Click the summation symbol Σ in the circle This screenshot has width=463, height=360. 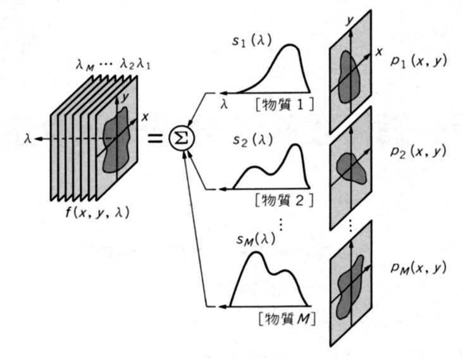(182, 138)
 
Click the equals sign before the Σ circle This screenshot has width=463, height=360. (155, 138)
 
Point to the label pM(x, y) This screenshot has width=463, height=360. (416, 268)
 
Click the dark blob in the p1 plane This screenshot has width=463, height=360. (349, 75)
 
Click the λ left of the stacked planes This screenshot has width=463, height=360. (27, 137)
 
